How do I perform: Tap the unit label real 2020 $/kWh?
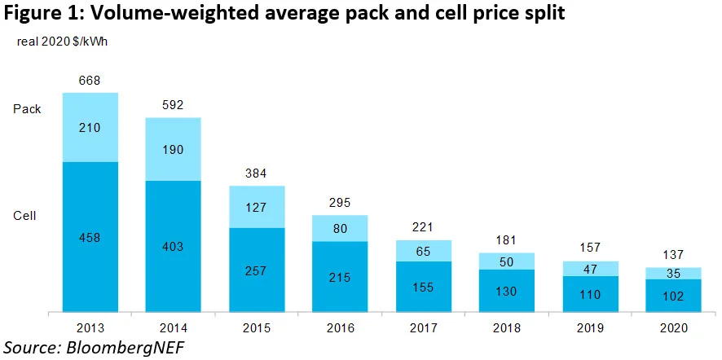coord(62,42)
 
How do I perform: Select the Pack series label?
coord(27,108)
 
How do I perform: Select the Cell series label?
coord(25,215)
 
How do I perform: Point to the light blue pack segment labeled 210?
coord(90,127)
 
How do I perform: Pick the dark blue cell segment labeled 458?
coord(90,236)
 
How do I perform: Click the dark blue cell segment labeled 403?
coord(173,246)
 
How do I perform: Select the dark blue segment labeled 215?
coord(340,277)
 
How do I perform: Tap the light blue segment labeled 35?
coord(674,273)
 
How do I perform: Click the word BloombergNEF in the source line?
coord(123,346)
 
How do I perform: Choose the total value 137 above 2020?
coord(674,254)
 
